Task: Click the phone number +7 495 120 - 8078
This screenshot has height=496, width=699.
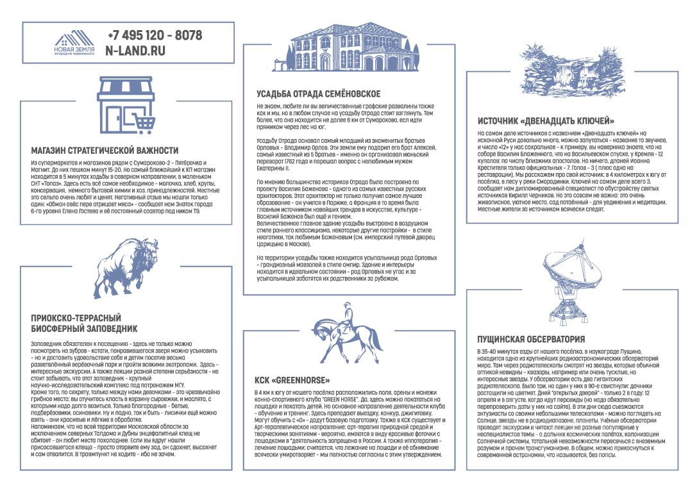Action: point(155,35)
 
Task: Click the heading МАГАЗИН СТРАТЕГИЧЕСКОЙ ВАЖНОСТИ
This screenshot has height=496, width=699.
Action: point(105,150)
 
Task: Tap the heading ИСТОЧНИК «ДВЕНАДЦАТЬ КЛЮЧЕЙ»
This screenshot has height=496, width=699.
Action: point(546,120)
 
